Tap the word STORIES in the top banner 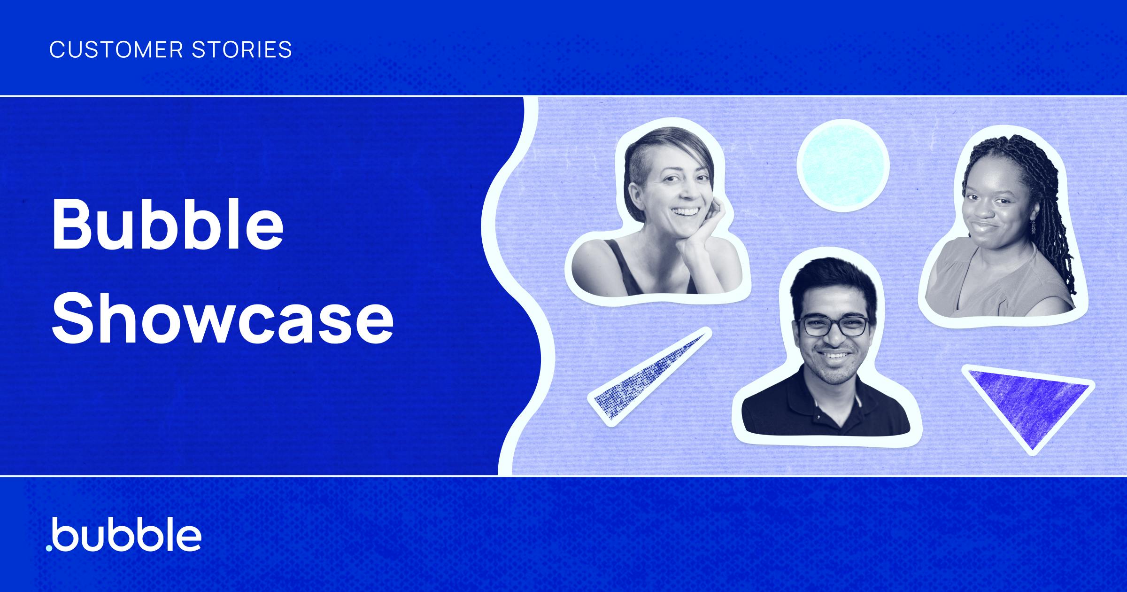point(242,49)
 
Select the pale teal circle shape point(843,165)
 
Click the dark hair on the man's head point(833,282)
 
